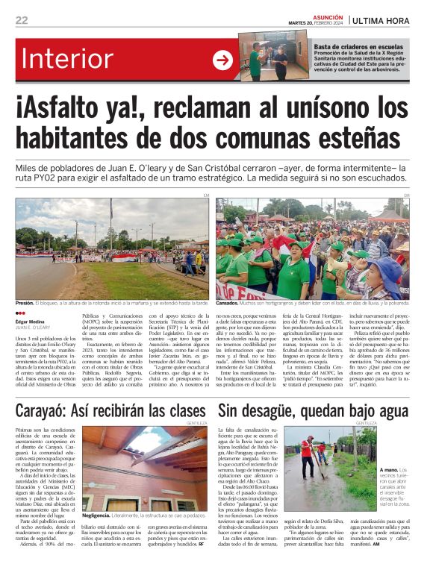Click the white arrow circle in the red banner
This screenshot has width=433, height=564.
click(x=222, y=60)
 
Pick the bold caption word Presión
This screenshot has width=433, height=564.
click(x=25, y=303)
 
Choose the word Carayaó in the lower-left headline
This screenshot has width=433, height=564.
click(x=54, y=410)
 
